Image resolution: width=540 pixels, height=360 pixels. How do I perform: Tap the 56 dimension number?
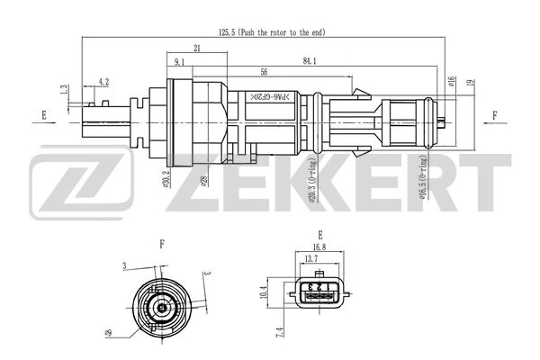[264, 72]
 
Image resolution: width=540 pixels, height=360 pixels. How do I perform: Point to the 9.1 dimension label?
[179, 63]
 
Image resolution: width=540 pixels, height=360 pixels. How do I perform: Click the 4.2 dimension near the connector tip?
[103, 81]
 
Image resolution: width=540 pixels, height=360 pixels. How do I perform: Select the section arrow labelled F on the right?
[494, 114]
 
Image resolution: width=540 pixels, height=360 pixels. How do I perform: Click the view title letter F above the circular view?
[161, 243]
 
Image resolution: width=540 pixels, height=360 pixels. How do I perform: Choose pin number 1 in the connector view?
[328, 289]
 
